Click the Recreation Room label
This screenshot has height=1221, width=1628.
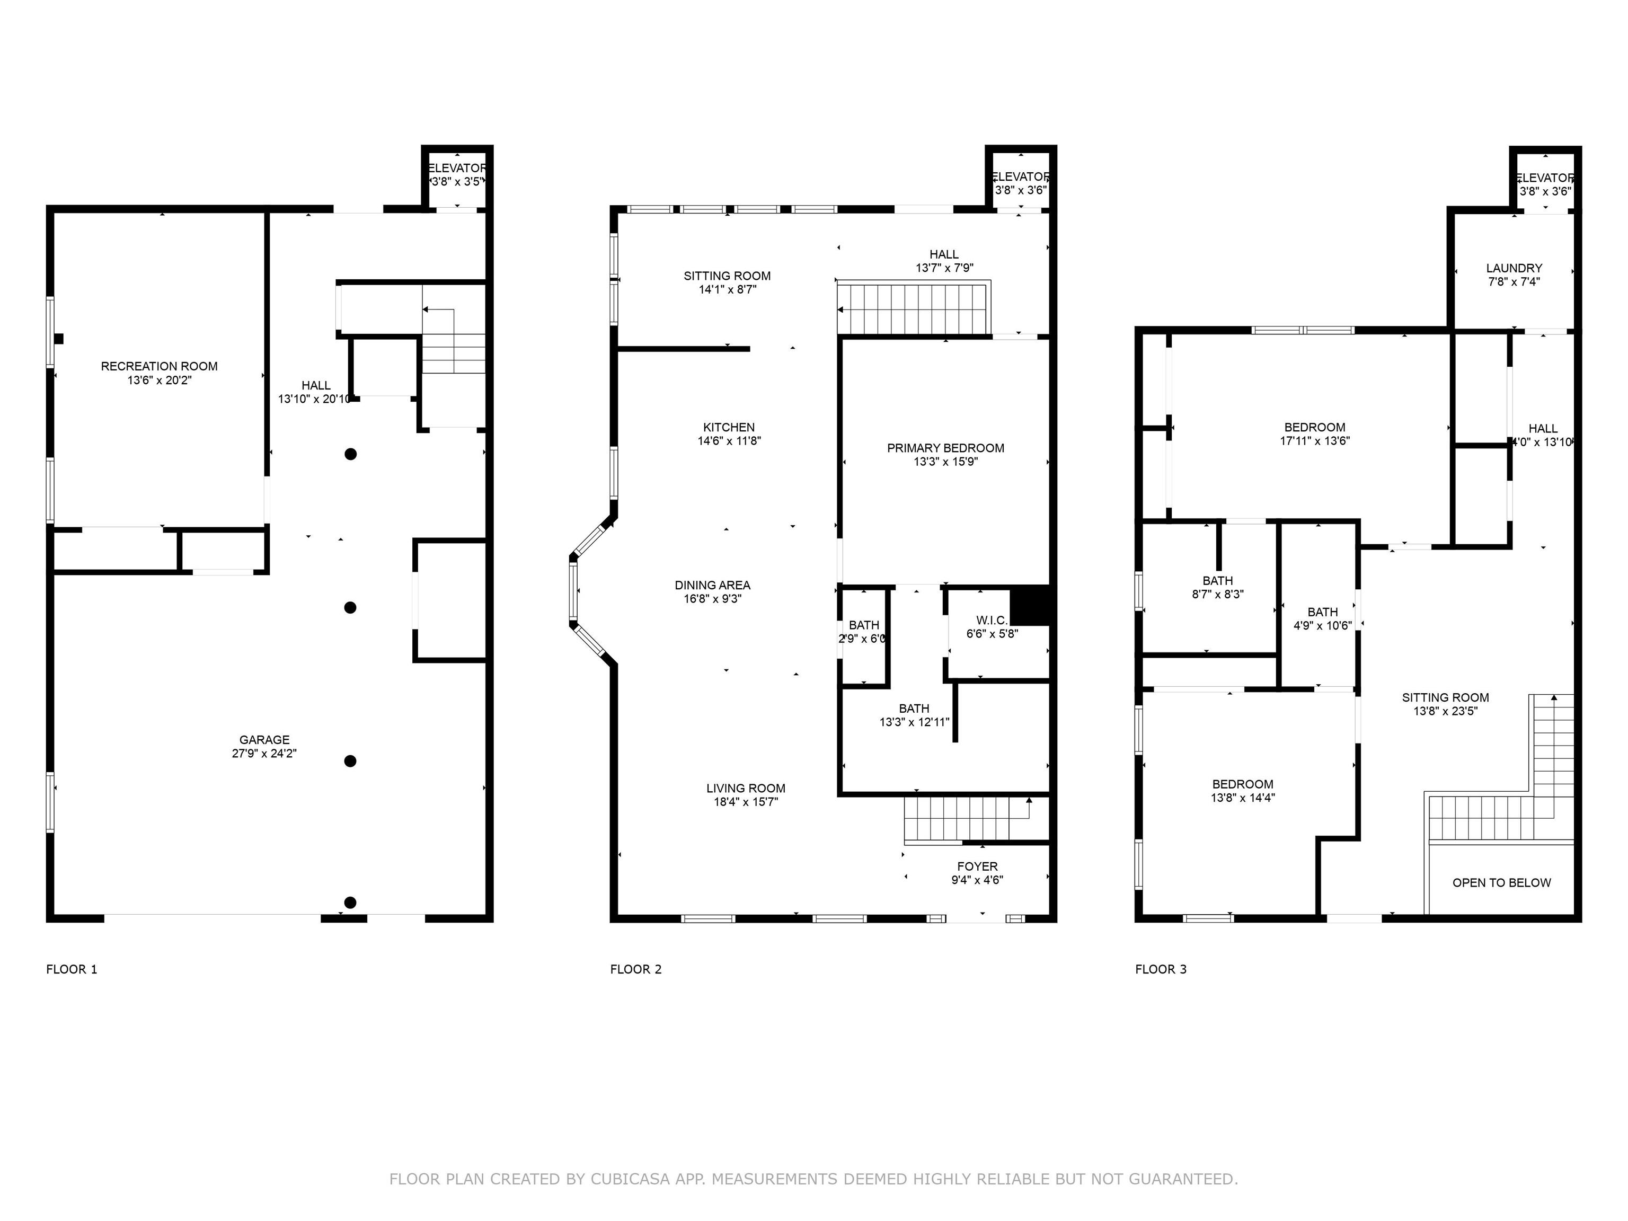[159, 367]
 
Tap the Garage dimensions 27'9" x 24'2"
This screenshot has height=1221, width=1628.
[264, 754]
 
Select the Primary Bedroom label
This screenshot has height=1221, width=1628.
[946, 448]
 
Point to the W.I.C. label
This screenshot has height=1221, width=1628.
[992, 621]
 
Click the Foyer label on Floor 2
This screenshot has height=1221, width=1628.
[977, 867]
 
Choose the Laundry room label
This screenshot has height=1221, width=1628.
[1514, 269]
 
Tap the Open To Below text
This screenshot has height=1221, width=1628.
[1501, 882]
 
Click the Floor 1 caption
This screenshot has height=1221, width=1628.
[72, 969]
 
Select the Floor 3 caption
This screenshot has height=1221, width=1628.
[1161, 969]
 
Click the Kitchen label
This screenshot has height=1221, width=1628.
[729, 428]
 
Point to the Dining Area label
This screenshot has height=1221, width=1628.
[712, 586]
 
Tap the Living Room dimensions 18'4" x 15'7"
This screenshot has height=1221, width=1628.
[746, 802]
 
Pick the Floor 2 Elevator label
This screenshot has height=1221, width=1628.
[1020, 176]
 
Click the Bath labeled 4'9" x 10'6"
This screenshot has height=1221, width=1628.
[1323, 612]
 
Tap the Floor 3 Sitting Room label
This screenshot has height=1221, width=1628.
[1446, 698]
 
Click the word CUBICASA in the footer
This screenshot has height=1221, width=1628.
[630, 1179]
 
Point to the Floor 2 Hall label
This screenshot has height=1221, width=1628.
[944, 255]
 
